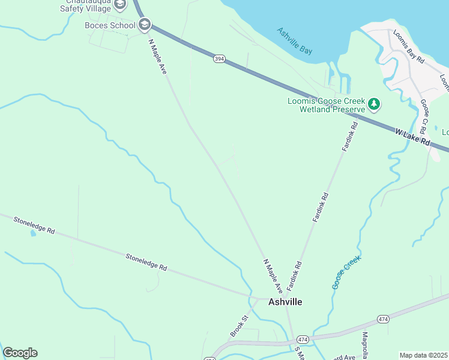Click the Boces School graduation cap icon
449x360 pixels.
[x=144, y=25]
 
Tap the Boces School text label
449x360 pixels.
[x=110, y=25]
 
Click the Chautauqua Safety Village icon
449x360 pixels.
[x=120, y=5]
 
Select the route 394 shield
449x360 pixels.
[x=220, y=59]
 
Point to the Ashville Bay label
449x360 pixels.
[x=294, y=41]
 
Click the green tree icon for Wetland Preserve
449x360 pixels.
[x=374, y=104]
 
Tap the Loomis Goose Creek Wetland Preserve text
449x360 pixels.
[x=326, y=105]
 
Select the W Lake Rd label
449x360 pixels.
[x=413, y=136]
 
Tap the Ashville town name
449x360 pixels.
[x=285, y=302]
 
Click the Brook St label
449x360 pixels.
[x=238, y=326]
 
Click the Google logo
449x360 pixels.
[x=20, y=353]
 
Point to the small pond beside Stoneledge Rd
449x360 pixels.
[x=32, y=232]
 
